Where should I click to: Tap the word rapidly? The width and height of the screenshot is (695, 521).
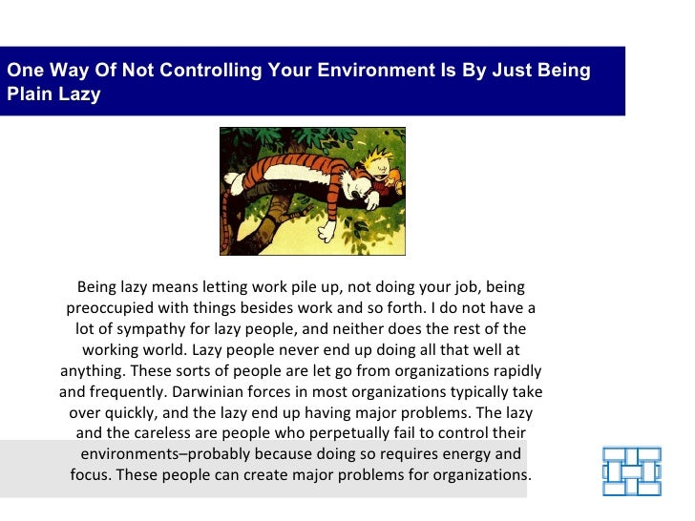(516, 371)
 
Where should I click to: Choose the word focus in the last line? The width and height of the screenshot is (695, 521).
(94, 475)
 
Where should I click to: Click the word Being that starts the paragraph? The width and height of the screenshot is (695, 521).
(98, 287)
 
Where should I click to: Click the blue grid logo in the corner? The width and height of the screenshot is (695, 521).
(631, 471)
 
